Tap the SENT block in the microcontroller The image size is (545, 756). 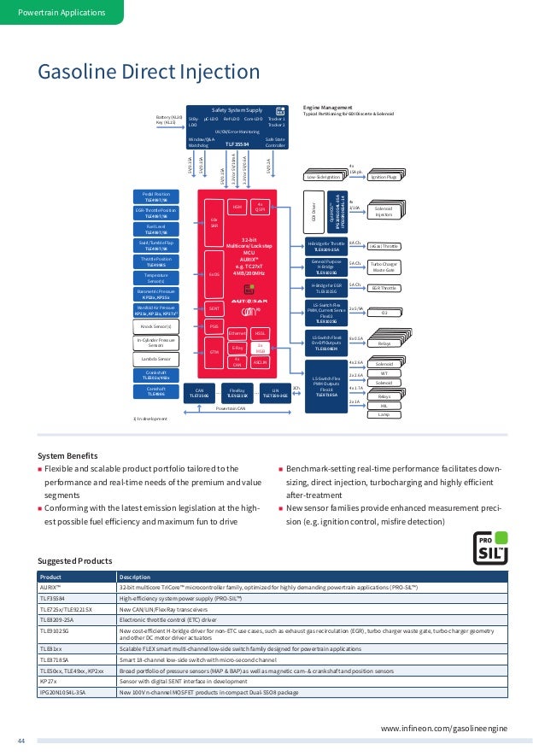coord(214,308)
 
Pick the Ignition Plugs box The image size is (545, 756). coord(383,177)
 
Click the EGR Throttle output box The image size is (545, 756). coord(384,289)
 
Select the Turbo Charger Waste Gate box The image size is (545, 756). coord(384,267)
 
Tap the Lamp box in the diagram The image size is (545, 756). coord(384,414)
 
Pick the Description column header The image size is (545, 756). coord(137,576)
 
